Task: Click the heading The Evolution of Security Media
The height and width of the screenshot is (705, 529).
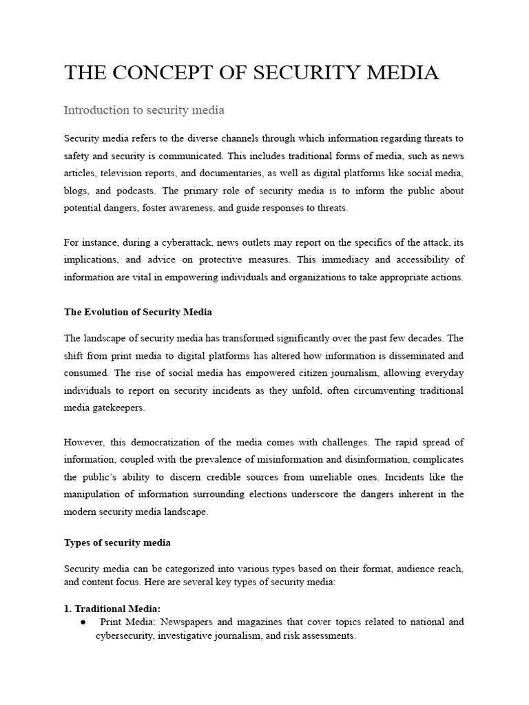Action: point(138,312)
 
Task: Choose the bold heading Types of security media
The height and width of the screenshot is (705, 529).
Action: point(117,543)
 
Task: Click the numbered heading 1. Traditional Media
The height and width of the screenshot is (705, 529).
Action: point(112,609)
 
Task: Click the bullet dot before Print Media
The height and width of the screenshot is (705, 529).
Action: point(83,622)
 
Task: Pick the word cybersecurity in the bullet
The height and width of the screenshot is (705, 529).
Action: point(124,635)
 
